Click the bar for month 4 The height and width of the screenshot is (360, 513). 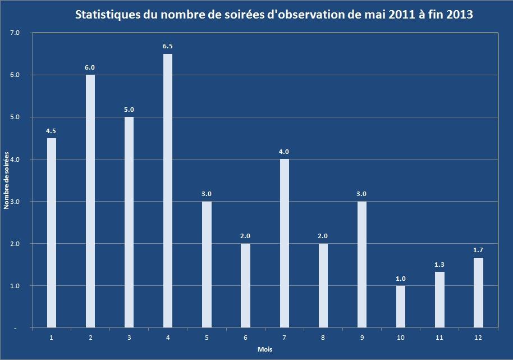click(x=168, y=190)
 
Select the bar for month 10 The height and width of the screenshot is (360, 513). click(x=400, y=306)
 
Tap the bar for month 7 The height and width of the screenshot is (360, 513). click(x=284, y=243)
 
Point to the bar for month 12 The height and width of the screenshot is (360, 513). click(x=478, y=292)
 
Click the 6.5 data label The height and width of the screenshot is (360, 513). click(x=168, y=46)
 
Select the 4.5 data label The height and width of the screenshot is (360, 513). click(x=51, y=131)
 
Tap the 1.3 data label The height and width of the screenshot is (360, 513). click(x=439, y=265)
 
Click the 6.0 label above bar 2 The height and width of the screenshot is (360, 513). click(x=90, y=67)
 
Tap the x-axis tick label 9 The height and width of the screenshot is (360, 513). click(x=361, y=337)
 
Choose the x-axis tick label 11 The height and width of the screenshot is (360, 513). click(x=439, y=337)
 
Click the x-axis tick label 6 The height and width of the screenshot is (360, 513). click(x=245, y=337)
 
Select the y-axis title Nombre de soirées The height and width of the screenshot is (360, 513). click(x=7, y=180)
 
